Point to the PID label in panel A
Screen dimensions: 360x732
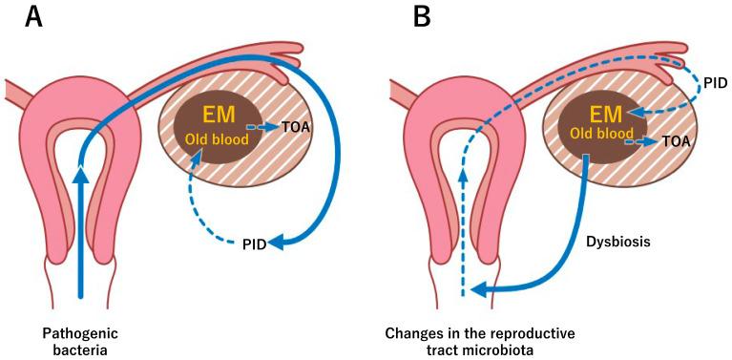point(254,244)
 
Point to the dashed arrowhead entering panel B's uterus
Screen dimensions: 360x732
point(463,176)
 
